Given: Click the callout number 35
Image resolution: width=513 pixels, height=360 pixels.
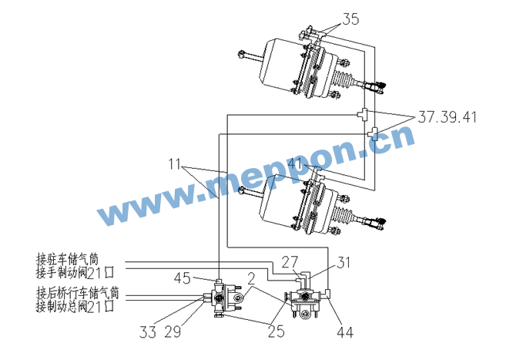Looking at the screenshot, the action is coord(350,19).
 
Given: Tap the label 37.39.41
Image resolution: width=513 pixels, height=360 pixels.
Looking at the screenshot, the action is coord(448,117).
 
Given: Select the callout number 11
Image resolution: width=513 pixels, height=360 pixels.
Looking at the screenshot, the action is coord(174,164).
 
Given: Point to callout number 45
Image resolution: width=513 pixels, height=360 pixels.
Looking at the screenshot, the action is coord(183,278).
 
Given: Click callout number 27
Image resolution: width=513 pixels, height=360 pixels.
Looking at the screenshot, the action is coord(290,262).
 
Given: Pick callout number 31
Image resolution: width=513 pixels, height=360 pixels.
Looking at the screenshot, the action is coord(344,262).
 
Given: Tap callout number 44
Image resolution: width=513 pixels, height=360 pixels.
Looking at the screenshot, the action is coord(346,332).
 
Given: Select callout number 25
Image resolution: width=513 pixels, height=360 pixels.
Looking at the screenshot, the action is coord(277,331).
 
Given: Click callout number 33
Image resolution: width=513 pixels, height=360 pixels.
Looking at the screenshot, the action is coord(148,332).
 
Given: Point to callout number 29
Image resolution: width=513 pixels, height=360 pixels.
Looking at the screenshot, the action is coord(173,332).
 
